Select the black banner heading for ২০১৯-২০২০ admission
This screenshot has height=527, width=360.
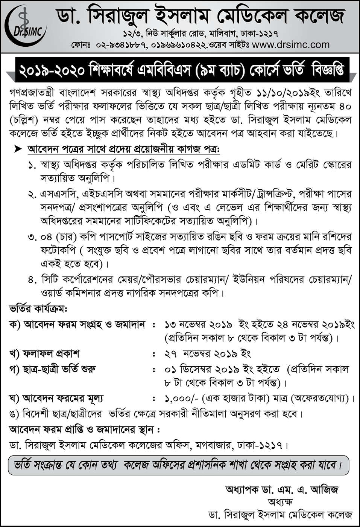tap(182, 70)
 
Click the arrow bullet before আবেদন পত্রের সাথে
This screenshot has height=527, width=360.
tap(17, 149)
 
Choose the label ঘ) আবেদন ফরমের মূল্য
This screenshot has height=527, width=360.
tap(56, 398)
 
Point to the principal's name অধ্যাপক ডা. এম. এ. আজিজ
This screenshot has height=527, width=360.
tap(282, 489)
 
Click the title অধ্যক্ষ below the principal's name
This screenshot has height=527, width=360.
tap(280, 502)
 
